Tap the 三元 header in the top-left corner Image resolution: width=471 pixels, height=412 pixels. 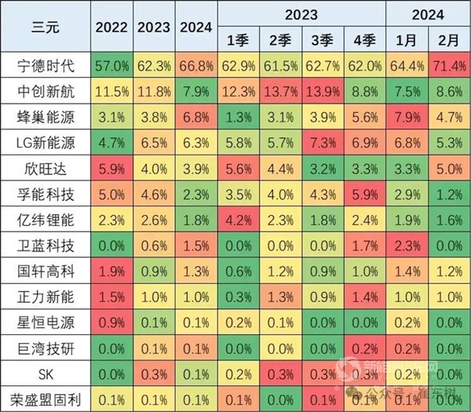tap(46, 27)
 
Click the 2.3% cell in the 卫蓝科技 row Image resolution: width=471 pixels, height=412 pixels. tap(407, 246)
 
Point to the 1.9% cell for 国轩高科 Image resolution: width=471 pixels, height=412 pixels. tap(111, 272)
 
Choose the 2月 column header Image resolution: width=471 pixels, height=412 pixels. tap(449, 40)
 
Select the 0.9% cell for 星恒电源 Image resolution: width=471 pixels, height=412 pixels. tap(111, 323)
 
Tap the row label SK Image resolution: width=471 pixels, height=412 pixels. tap(46, 374)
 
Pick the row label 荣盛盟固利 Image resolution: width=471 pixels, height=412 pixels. tap(46, 399)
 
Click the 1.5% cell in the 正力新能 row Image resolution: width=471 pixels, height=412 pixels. tap(111, 297)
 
